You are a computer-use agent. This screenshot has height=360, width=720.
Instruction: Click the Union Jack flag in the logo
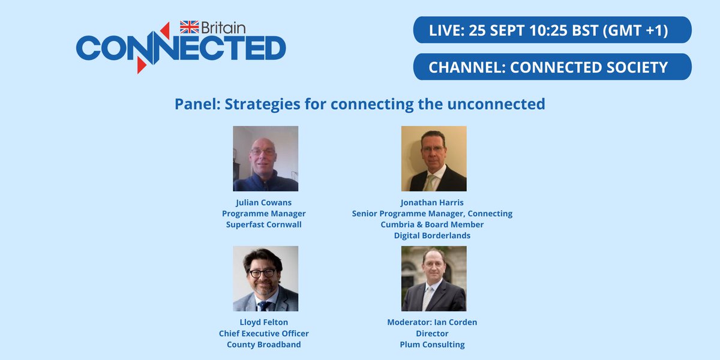coord(190,27)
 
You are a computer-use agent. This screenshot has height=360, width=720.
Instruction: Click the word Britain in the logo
coord(223,28)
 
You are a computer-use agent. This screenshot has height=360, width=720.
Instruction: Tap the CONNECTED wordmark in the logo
coord(181,48)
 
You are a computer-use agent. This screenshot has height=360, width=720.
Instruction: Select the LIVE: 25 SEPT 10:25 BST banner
coord(552,30)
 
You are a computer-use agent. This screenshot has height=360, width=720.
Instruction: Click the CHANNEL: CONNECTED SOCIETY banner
coord(552,67)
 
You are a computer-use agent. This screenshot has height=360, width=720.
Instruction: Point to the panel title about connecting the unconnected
coord(359,104)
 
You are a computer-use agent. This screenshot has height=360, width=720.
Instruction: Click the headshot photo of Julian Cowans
coord(265,158)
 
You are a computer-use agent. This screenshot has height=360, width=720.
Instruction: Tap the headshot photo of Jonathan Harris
coord(434,158)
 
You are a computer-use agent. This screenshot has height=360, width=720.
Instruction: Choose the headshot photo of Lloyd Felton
coord(265,278)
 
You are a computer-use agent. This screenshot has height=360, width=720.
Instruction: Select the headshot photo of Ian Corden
coord(434,278)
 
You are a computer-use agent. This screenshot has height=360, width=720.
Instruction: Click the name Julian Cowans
coord(264,202)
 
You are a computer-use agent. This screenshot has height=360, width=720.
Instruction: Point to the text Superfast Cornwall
coord(264,224)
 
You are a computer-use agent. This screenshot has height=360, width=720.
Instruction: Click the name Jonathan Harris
coord(432,202)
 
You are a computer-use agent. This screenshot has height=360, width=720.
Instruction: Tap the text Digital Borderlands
coord(432,236)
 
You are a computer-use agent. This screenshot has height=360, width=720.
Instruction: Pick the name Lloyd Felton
coord(264,322)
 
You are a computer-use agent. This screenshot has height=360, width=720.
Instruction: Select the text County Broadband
coord(264,344)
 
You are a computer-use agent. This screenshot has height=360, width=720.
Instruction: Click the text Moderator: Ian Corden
coord(432,322)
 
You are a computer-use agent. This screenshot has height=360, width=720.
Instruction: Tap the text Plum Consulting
coord(432,344)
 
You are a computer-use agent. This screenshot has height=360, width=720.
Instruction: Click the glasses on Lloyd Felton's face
coord(262,273)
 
